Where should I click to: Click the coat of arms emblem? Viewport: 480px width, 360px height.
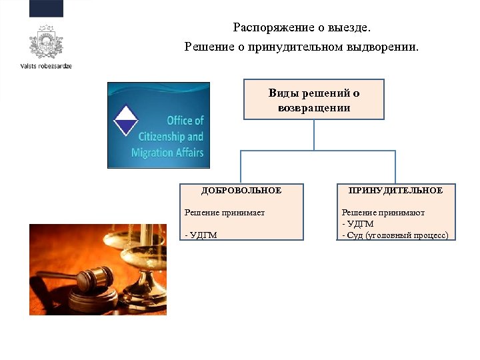45,42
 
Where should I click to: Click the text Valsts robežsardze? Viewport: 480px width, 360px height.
45,67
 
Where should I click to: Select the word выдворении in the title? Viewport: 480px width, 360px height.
386,47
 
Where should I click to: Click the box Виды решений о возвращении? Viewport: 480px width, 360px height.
313,99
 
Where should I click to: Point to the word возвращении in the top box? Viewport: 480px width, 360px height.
313,107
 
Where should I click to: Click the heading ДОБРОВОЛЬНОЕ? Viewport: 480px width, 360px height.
241,191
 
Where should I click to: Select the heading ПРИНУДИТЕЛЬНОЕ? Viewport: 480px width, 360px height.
395,191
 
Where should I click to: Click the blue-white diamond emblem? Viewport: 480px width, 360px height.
125,121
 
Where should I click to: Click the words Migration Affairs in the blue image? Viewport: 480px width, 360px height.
167,153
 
